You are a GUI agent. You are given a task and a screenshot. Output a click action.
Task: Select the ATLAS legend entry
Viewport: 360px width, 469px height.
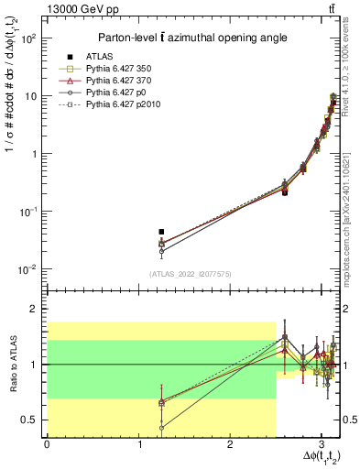(x=102, y=56)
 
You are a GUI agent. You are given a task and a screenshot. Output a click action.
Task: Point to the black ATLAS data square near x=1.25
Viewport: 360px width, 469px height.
(x=161, y=232)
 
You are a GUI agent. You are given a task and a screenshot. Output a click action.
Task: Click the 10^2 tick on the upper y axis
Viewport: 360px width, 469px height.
(x=28, y=38)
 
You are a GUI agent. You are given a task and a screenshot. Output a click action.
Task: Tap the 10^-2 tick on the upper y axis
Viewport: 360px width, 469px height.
(x=28, y=269)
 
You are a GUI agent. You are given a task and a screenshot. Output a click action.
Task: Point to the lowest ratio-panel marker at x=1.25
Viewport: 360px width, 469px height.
(x=161, y=427)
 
